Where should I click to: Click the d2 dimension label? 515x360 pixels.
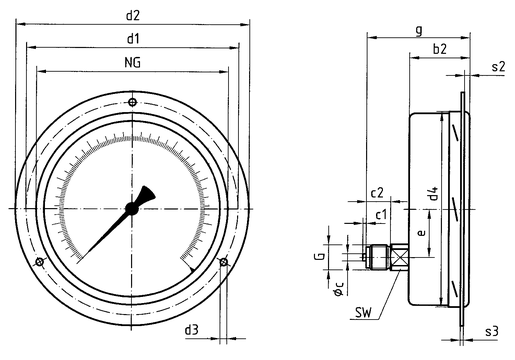click(133, 15)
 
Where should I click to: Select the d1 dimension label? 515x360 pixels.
click(133, 39)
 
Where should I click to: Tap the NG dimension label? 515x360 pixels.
click(133, 62)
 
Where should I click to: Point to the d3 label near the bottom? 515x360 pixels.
click(191, 330)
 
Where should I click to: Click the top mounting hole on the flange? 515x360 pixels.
click(132, 102)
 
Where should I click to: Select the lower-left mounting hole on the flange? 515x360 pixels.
click(39, 262)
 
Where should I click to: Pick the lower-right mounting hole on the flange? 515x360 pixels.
click(224, 262)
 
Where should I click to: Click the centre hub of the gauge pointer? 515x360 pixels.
click(132, 209)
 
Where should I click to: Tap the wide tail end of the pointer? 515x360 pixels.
click(147, 193)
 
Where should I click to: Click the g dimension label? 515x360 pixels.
click(419, 30)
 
